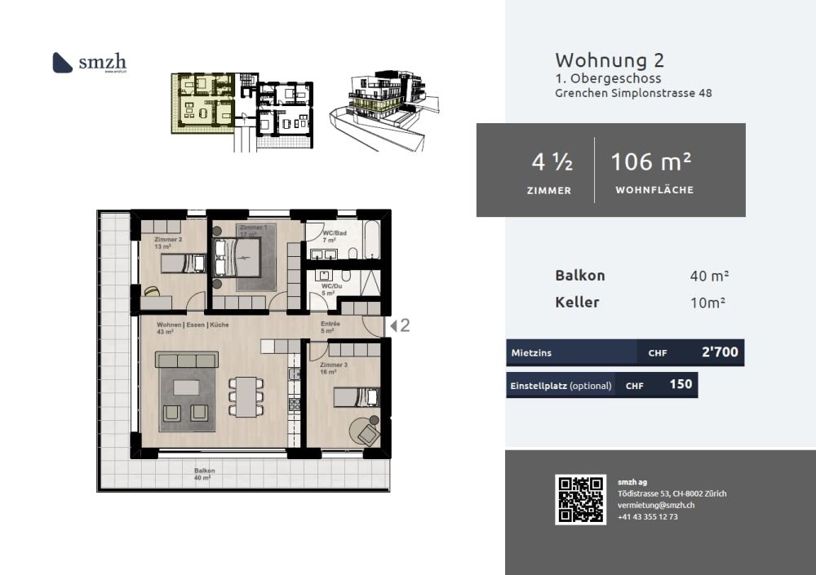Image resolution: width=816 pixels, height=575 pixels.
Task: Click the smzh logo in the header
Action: (x=90, y=63)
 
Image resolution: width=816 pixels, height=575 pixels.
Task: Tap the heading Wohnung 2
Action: (x=610, y=60)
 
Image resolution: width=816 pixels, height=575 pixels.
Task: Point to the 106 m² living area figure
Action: (x=652, y=162)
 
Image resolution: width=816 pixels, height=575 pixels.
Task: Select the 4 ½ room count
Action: (x=552, y=162)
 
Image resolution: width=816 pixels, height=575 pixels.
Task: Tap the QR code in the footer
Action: (x=581, y=499)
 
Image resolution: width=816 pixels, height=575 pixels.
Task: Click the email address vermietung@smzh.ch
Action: (x=655, y=506)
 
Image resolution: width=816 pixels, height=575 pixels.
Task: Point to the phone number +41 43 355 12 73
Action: (x=648, y=517)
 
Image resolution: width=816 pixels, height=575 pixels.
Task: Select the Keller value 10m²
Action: (x=708, y=303)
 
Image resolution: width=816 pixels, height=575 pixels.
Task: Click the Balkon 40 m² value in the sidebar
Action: (x=709, y=276)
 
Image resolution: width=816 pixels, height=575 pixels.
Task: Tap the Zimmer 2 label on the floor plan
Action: (x=168, y=239)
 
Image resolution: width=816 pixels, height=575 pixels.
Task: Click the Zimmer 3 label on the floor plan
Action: (x=334, y=365)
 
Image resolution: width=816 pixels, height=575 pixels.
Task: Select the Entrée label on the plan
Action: (x=330, y=324)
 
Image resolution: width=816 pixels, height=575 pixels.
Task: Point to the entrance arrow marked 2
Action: (x=399, y=325)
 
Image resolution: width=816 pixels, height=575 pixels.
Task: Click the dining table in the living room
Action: (x=246, y=396)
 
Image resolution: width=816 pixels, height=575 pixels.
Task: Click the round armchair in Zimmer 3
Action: (x=368, y=431)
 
